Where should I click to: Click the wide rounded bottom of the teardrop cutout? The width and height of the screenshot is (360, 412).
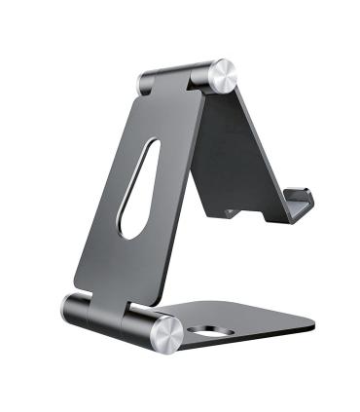click(x=127, y=224)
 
